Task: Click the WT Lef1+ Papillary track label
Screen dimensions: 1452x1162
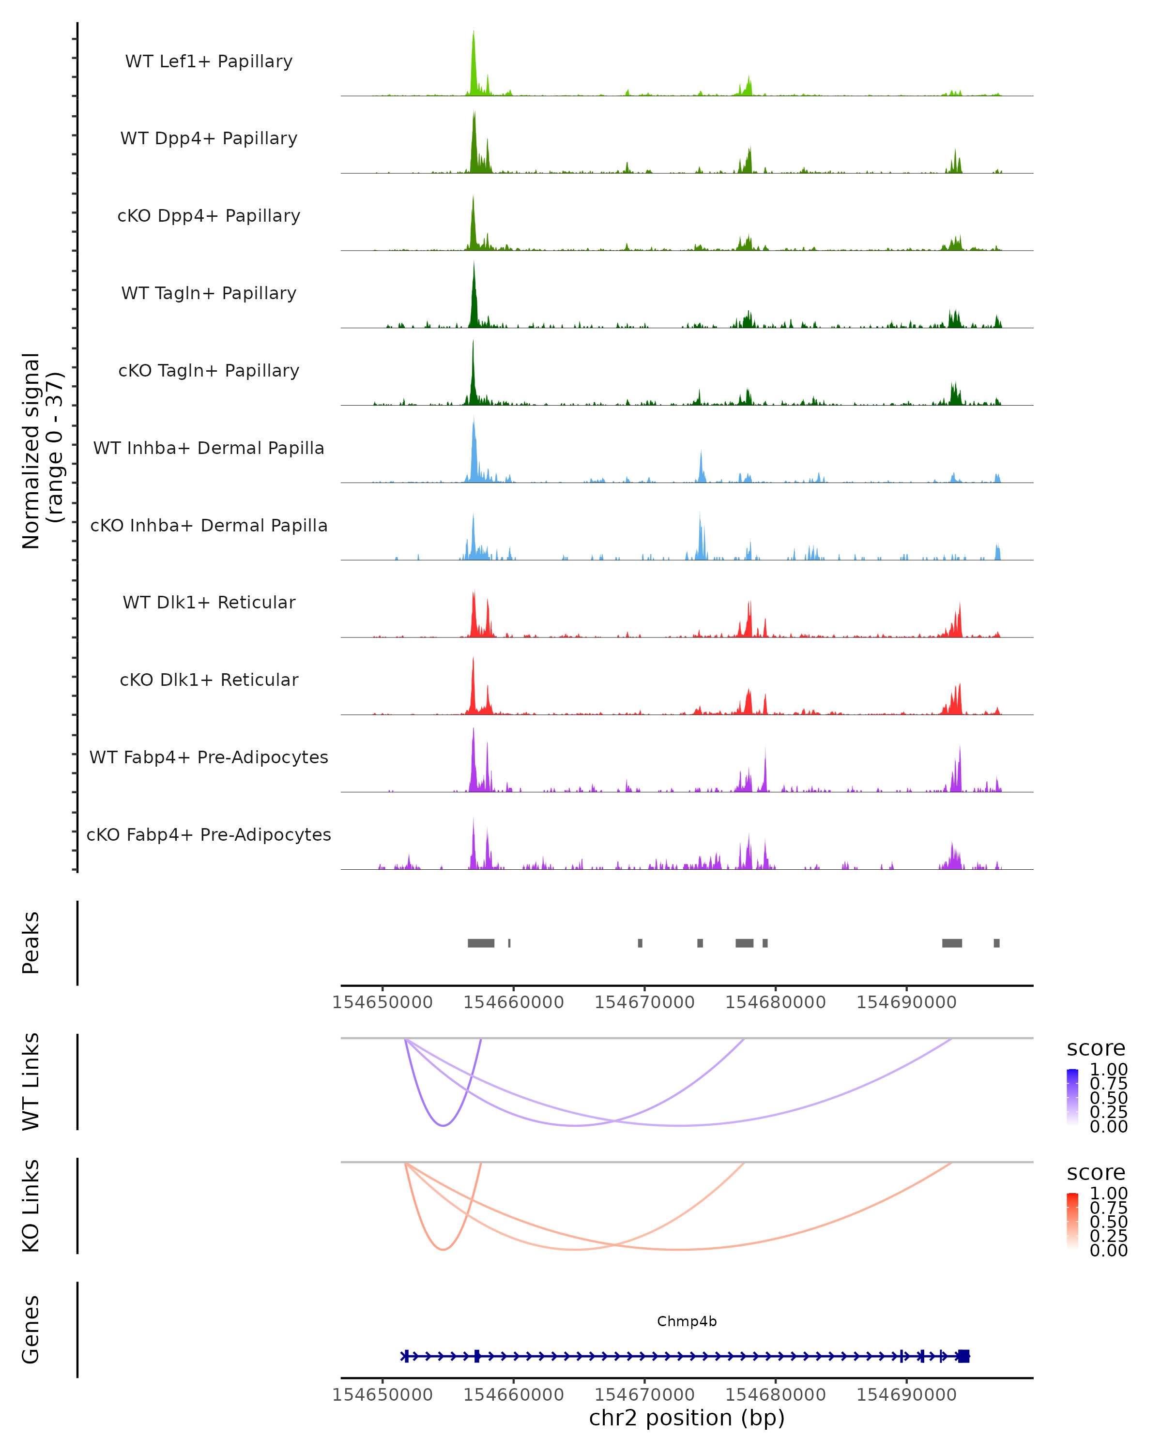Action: (209, 61)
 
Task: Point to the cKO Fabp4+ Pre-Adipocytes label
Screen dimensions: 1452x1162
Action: (209, 834)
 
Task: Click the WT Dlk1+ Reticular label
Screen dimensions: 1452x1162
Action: (209, 602)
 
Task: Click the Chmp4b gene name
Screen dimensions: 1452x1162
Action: (687, 1321)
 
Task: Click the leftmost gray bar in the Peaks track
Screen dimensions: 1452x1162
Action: (481, 943)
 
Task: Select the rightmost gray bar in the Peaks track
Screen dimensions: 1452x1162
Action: (996, 943)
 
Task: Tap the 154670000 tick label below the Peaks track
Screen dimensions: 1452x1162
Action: (644, 1002)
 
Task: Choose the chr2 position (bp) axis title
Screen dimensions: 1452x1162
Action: (687, 1418)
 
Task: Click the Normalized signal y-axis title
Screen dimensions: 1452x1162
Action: (42, 451)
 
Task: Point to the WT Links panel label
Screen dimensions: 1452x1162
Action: (31, 1082)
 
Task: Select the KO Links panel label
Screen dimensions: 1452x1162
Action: (31, 1206)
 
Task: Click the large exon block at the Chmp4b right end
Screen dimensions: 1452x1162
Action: (963, 1356)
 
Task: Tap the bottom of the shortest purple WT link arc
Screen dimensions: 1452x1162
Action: (443, 1125)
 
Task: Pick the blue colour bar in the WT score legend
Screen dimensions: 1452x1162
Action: (1072, 1097)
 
